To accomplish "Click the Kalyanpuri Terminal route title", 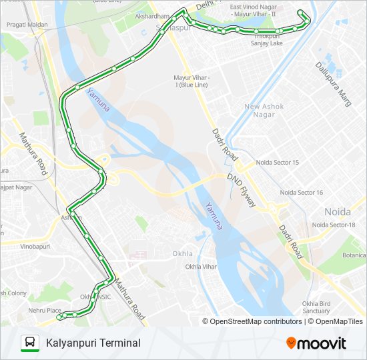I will coord(93,343).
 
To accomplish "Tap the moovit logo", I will coord(316,343).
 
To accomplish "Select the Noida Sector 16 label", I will coord(301,193).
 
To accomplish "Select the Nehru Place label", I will coord(45,310).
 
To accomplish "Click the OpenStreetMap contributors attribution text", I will coord(256,321).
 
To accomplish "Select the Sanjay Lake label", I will coord(266,43).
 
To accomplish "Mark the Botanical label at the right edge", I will coord(354,255).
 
